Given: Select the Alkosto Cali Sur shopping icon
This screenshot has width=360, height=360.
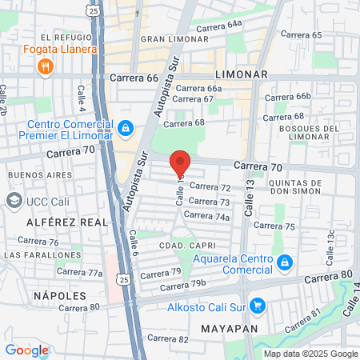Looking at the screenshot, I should tap(257, 306).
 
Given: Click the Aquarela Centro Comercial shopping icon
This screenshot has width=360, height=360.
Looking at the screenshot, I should tap(284, 262).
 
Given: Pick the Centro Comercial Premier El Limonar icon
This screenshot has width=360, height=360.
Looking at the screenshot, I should tap(125, 128).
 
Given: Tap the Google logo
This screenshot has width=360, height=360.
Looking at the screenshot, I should tap(26, 350).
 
